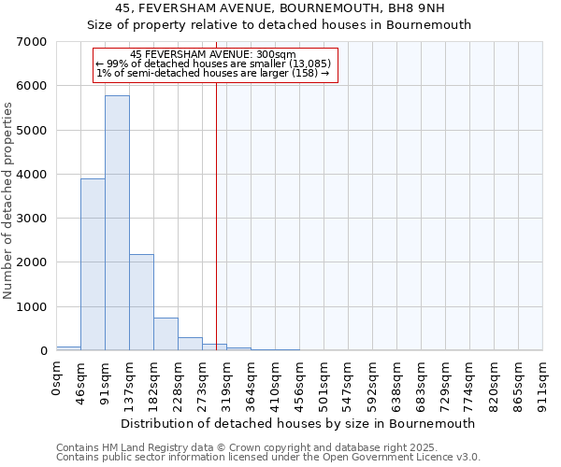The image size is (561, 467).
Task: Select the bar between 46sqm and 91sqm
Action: pos(93,265)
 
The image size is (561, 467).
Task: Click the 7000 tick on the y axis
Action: pos(33,42)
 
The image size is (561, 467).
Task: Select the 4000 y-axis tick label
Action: pos(33,175)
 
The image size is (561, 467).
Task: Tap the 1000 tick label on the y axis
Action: pos(33,307)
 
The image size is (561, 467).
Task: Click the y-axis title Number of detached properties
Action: pos(9,201)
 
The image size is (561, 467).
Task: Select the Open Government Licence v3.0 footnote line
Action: pos(268,457)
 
